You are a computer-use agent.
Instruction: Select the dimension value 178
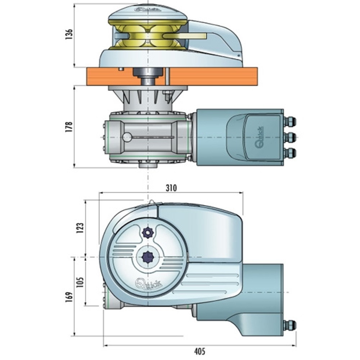69,126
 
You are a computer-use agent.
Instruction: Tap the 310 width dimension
171,188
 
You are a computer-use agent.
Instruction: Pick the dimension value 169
69,297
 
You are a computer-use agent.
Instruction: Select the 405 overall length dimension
200,351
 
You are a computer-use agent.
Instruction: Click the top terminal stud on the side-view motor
289,121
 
